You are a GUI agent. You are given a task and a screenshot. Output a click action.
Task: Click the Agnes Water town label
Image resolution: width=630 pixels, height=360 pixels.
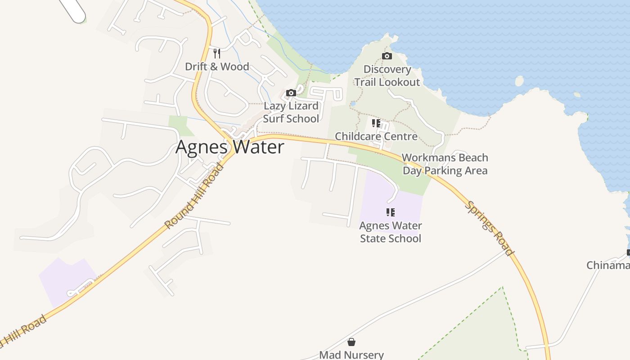pyautogui.click(x=229, y=147)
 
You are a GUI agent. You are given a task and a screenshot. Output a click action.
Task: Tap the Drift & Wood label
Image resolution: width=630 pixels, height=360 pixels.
pyautogui.click(x=217, y=67)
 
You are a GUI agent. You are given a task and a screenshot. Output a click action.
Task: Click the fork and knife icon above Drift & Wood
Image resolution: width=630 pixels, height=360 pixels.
pyautogui.click(x=217, y=54)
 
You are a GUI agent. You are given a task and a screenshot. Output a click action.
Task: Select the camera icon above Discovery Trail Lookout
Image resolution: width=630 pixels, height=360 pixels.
pyautogui.click(x=387, y=56)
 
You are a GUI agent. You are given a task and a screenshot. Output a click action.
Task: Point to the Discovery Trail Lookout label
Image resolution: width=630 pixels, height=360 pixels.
pyautogui.click(x=387, y=76)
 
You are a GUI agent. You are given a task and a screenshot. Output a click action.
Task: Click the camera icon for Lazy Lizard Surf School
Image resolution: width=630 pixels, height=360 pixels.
pyautogui.click(x=291, y=93)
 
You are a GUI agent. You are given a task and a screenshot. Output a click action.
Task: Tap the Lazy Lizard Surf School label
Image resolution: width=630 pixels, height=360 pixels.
pyautogui.click(x=291, y=112)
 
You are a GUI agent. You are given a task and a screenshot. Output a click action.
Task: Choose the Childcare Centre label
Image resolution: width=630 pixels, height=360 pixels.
pyautogui.click(x=376, y=136)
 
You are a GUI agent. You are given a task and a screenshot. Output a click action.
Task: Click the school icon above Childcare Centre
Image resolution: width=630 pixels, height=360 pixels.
pyautogui.click(x=376, y=123)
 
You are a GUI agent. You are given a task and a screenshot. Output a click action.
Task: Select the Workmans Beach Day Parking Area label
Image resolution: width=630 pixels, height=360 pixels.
pyautogui.click(x=445, y=164)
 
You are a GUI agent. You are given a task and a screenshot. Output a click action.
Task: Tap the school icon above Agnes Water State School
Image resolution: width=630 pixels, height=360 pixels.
pyautogui.click(x=391, y=212)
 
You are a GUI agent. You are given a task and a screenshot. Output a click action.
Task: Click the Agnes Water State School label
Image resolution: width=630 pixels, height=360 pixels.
pyautogui.click(x=391, y=232)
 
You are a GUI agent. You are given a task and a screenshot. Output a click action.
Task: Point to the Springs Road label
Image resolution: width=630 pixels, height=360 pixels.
pyautogui.click(x=489, y=228)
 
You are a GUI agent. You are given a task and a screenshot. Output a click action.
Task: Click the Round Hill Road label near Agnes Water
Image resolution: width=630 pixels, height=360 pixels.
pyautogui.click(x=194, y=196)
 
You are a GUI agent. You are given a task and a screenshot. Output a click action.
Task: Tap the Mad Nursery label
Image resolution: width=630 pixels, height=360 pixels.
pyautogui.click(x=351, y=355)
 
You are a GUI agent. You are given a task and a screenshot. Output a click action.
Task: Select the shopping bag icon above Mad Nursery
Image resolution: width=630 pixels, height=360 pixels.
pyautogui.click(x=351, y=342)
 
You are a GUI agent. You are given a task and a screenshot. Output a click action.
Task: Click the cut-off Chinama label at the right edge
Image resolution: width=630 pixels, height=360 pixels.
pyautogui.click(x=608, y=265)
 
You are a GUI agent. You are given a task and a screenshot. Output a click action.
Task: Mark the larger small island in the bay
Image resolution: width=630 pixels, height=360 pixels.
pyautogui.click(x=519, y=81)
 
